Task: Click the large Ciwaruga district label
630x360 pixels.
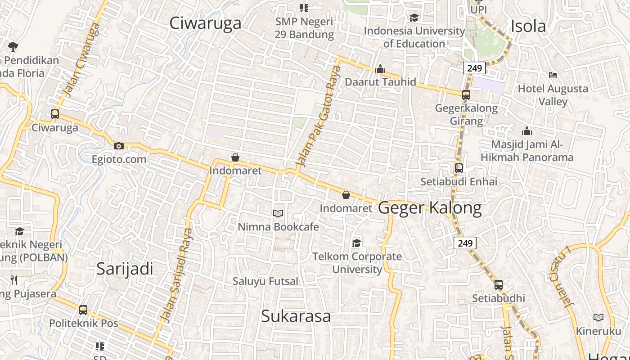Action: pos(205,23)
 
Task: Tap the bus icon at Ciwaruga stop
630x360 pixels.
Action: pos(55,114)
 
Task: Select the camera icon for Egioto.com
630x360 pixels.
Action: pos(119,146)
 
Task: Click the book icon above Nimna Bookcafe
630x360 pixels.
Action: pos(278,213)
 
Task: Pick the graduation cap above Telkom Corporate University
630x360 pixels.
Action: pos(357,243)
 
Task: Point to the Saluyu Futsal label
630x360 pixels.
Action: pos(265,281)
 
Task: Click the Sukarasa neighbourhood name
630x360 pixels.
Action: pos(296,316)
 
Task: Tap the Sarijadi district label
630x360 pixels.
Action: pos(125,269)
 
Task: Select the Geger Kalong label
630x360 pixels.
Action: pos(430,208)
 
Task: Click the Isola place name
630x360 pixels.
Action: pos(528,27)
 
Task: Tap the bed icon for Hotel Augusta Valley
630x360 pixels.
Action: pos(553,75)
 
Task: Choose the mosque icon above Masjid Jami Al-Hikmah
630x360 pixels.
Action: pos(526,131)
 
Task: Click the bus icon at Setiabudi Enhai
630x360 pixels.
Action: pos(459,168)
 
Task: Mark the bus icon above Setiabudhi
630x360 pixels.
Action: pos(499,285)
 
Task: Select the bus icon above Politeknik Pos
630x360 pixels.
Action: pos(83,310)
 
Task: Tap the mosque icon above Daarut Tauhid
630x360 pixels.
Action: pos(380,69)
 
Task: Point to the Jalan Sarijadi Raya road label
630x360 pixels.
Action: pos(176,275)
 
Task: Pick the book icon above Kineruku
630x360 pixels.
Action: pos(598,318)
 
